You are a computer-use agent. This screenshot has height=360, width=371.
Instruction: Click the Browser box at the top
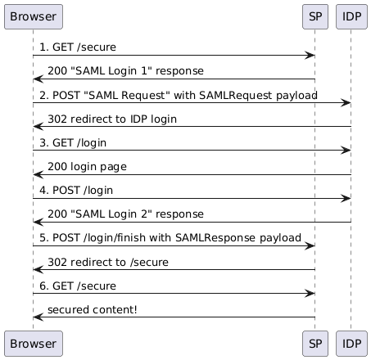click(x=34, y=16)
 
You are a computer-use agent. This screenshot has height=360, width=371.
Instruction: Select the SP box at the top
click(x=315, y=16)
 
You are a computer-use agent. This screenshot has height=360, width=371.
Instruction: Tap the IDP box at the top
click(x=351, y=16)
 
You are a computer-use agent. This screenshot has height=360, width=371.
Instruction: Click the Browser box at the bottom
click(x=34, y=344)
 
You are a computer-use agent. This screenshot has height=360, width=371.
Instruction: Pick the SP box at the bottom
click(x=315, y=344)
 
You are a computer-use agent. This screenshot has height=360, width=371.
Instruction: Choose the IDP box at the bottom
click(x=351, y=344)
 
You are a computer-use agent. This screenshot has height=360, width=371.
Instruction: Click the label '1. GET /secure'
click(x=78, y=47)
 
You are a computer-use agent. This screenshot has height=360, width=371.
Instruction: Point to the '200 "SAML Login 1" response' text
click(x=125, y=71)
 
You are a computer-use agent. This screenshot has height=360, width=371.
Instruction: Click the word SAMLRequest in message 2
click(x=236, y=95)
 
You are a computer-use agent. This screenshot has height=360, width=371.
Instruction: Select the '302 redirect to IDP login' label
click(x=112, y=119)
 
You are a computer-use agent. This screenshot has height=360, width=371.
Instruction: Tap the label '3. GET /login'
click(x=73, y=143)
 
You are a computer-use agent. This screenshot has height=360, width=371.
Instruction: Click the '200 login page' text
click(x=87, y=167)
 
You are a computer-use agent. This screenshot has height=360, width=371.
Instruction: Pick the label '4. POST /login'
click(x=76, y=191)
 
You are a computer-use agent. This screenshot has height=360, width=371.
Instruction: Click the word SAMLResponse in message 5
click(x=215, y=237)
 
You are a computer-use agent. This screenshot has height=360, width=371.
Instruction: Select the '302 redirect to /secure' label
click(x=108, y=262)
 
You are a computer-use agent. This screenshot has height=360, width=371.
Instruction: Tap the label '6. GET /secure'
click(x=78, y=286)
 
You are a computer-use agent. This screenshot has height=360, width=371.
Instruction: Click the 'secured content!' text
click(x=93, y=309)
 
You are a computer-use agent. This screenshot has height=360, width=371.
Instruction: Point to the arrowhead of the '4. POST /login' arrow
click(x=346, y=198)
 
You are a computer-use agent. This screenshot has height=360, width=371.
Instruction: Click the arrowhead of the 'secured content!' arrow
click(x=38, y=317)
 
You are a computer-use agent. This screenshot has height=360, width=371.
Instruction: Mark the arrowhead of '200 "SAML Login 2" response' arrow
click(x=38, y=222)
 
